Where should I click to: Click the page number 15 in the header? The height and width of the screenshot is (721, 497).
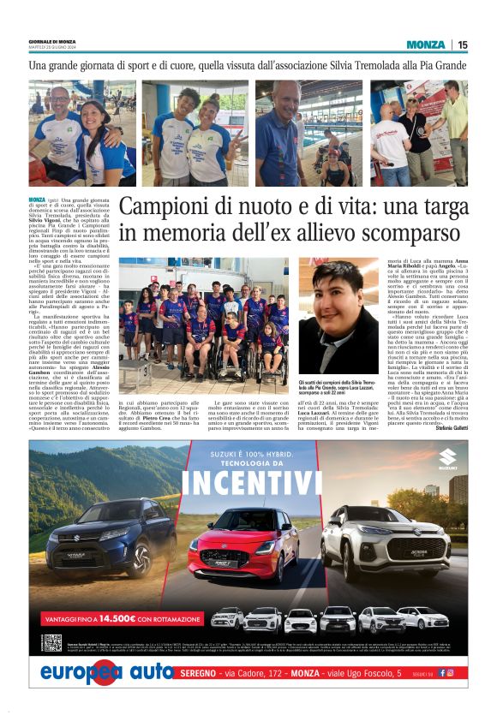pyautogui.click(x=463, y=45)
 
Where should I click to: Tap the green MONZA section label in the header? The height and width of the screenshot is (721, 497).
pyautogui.click(x=426, y=45)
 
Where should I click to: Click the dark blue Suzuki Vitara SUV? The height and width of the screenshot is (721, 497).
pyautogui.click(x=111, y=536)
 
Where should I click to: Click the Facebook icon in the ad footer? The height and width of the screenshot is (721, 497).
pyautogui.click(x=442, y=673)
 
